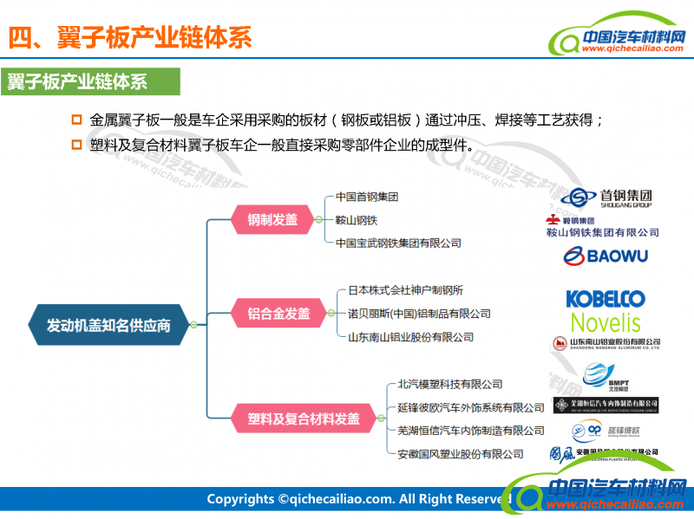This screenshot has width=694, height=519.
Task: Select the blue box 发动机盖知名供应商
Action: click(x=109, y=325)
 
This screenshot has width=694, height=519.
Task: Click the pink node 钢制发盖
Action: click(x=272, y=220)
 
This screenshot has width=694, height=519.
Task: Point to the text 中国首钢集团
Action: click(x=367, y=197)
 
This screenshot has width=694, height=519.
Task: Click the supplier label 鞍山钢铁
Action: click(x=357, y=220)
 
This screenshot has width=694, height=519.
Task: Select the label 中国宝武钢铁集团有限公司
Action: click(x=398, y=243)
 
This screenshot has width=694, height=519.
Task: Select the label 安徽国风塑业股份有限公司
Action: click(x=461, y=454)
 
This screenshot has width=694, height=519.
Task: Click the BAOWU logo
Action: click(x=605, y=256)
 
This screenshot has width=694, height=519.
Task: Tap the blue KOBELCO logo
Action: click(x=606, y=299)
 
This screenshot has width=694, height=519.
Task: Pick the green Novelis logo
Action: click(x=606, y=323)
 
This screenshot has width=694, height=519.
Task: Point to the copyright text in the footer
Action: click(x=356, y=499)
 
